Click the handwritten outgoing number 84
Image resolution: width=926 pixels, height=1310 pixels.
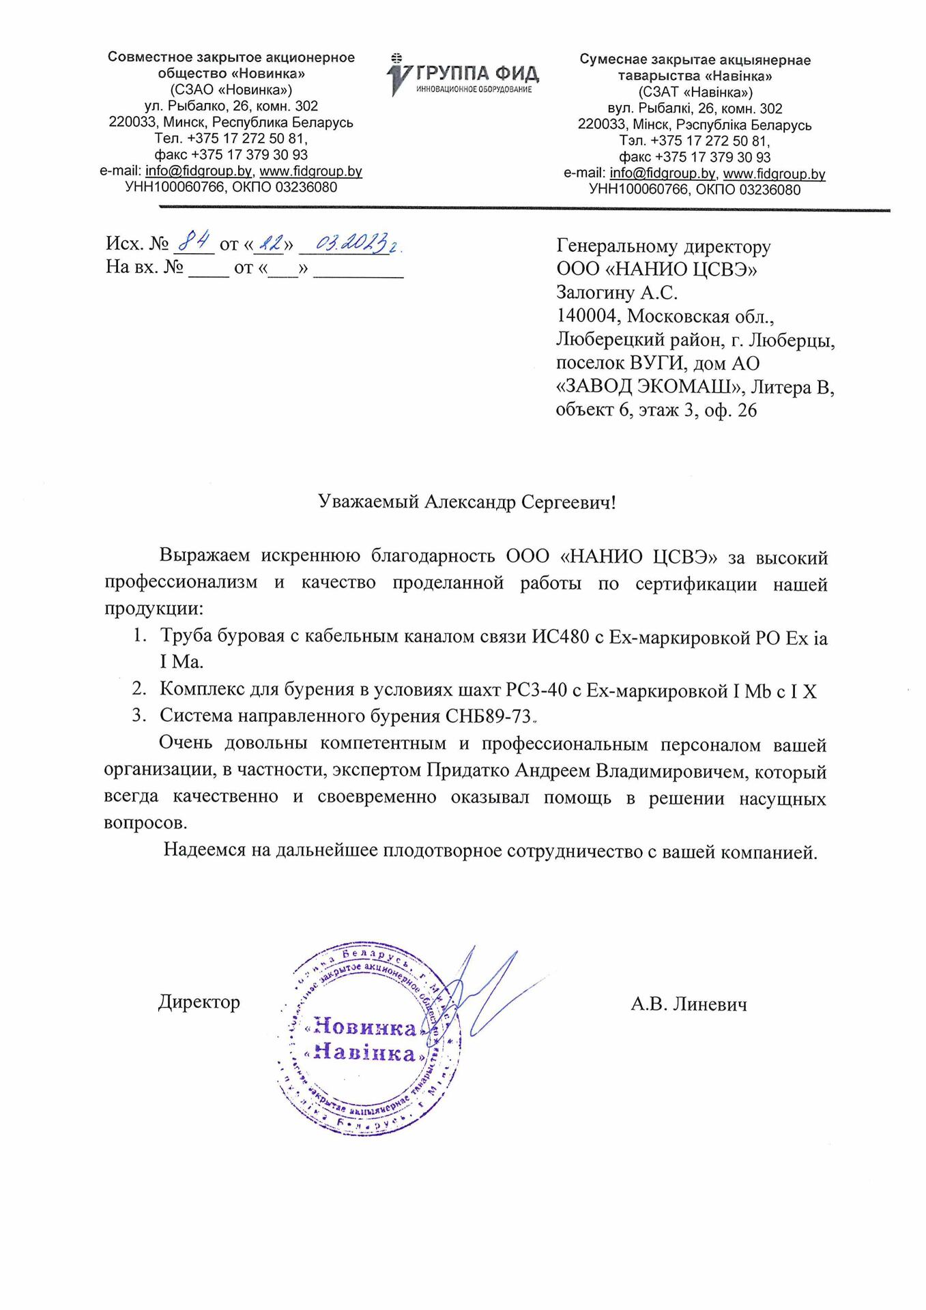[x=195, y=242]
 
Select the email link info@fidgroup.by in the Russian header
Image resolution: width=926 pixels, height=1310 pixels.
[x=199, y=171]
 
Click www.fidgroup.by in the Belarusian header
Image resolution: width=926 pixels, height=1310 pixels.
[x=774, y=174]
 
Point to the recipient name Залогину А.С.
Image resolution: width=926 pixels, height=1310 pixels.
[x=617, y=293]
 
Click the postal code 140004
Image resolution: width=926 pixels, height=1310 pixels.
[x=588, y=317]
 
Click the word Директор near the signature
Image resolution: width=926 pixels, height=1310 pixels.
[x=199, y=1002]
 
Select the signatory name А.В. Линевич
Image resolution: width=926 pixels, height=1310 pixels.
[x=689, y=1004]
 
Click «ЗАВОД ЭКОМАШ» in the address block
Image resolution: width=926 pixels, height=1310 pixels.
[x=649, y=387]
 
